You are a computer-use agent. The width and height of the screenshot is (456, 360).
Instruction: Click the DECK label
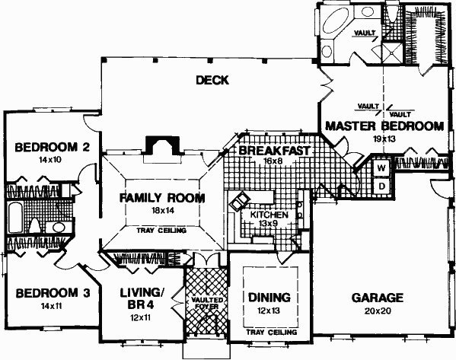pos(212,80)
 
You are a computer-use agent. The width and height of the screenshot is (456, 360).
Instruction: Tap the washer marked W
pos(381,167)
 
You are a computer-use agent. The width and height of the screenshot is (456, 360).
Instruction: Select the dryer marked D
pos(381,185)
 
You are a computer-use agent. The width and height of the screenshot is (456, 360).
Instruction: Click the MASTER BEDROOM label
pos(384,126)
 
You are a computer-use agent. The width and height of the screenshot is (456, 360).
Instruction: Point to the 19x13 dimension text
pos(384,139)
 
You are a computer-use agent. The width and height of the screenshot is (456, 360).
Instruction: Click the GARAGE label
pos(378,298)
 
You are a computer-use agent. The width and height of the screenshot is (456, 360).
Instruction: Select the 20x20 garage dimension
pos(378,311)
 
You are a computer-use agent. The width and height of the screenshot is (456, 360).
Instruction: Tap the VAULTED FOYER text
pos(206,303)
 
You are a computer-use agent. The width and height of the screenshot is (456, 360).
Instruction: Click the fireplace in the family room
pos(163,147)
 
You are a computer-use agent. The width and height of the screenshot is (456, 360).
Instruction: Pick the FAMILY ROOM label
pos(162,198)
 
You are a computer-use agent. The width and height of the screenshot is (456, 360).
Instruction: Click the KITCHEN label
pos(269,215)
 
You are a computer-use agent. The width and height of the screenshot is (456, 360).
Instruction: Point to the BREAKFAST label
pos(274,151)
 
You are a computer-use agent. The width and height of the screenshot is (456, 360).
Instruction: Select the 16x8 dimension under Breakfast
pos(273,161)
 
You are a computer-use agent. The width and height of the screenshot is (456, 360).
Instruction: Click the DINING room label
pos(269,298)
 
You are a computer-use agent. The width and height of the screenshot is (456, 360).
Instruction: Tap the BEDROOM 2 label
pos(52,147)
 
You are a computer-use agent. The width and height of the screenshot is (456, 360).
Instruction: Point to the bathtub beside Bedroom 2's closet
pos(15,218)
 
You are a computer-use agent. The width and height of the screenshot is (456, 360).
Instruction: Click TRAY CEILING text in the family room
pos(161,231)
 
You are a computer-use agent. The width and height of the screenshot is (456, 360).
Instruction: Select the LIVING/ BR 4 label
pos(141,298)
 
